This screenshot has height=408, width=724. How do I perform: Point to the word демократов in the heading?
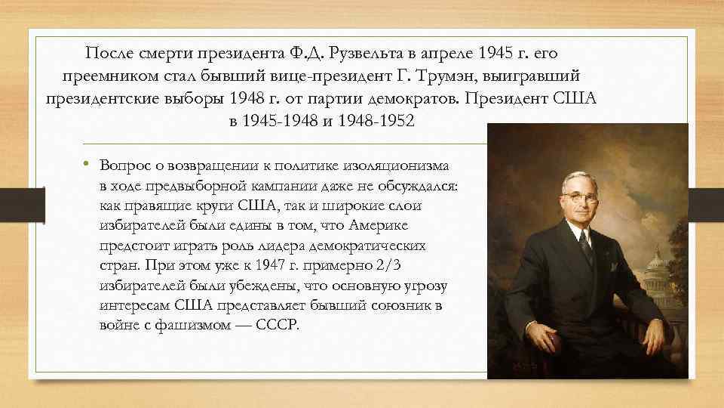click(x=413, y=99)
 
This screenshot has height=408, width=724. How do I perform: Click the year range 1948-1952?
click(x=378, y=122)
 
